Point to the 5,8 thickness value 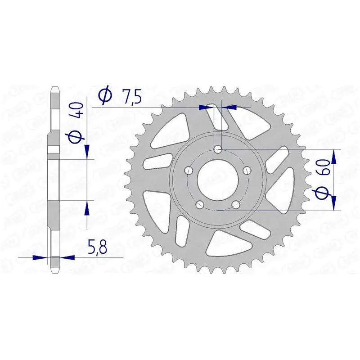point(97,247)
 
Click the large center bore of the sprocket point(218,180)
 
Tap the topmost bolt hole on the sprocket point(218,150)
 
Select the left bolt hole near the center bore point(189,171)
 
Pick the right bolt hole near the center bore point(247,171)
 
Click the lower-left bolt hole point(200,204)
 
